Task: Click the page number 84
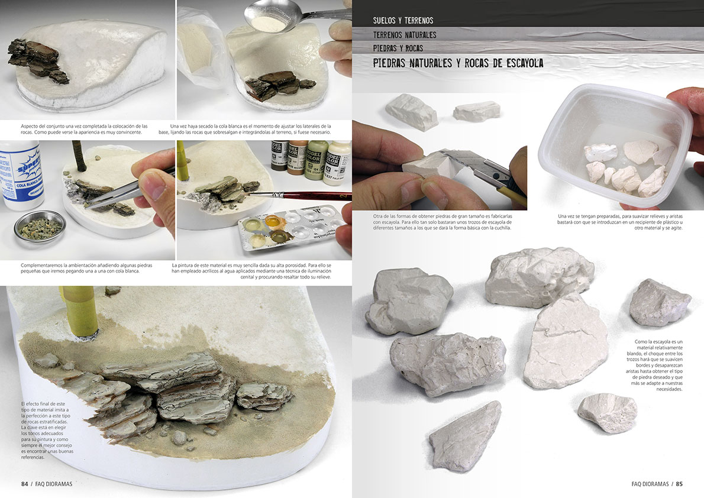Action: tap(25, 484)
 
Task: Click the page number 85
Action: tap(679, 484)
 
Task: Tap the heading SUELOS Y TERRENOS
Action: tap(403, 20)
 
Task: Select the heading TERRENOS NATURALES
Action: tap(405, 34)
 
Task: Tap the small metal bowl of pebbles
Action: tap(40, 227)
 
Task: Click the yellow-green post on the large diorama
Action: tap(80, 312)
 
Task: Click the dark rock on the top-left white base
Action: tap(38, 60)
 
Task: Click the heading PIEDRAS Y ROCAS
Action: tap(398, 48)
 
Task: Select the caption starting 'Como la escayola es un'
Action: tap(655, 365)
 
